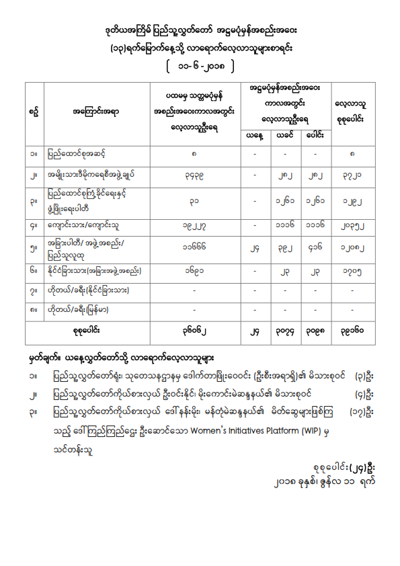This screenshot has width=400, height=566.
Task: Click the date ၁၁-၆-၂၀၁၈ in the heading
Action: (x=200, y=67)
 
